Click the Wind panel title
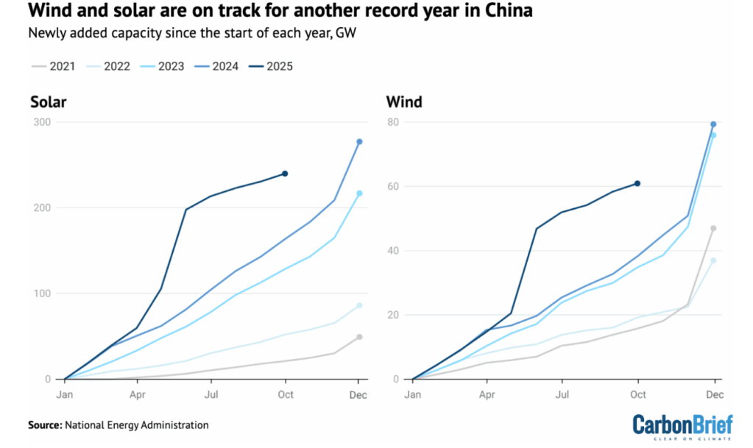404,102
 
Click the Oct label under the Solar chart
285,394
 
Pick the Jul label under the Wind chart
562,394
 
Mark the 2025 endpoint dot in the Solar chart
285,174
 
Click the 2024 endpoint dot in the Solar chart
359,141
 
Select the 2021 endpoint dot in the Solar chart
359,337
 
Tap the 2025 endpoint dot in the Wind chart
637,183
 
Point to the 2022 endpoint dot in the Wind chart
713,260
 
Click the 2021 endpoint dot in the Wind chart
713,228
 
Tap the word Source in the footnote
44,425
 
